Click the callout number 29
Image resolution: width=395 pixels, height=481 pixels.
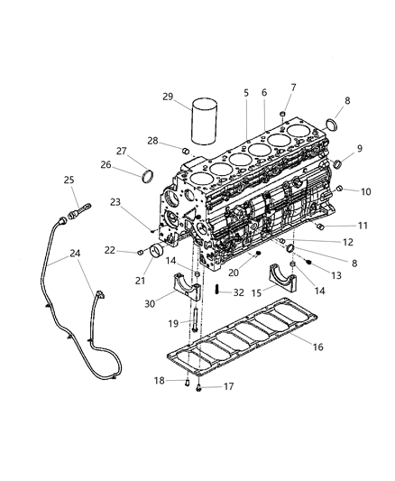coord(169,97)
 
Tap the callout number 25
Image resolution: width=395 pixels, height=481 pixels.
coord(69,181)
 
